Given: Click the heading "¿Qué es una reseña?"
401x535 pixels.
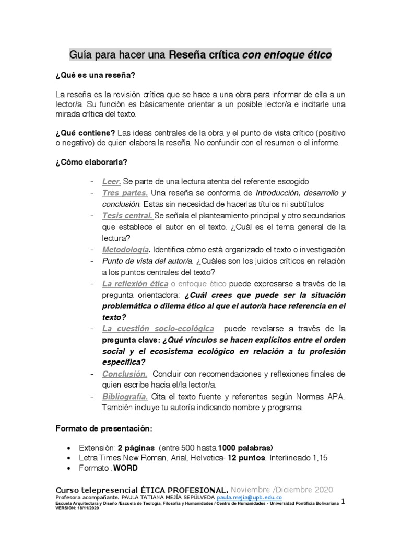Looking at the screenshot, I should pyautogui.click(x=96, y=76).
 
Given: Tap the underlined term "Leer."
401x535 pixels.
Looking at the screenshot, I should pyautogui.click(x=111, y=182).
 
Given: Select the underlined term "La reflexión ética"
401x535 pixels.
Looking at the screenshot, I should pyautogui.click(x=135, y=283).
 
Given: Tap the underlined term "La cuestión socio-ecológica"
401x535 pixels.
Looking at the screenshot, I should pyautogui.click(x=158, y=328).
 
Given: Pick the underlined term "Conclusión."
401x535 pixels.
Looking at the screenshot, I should pyautogui.click(x=124, y=374).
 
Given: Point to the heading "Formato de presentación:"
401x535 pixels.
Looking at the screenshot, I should pyautogui.click(x=104, y=429).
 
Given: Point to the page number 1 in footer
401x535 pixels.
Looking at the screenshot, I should pyautogui.click(x=343, y=501).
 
